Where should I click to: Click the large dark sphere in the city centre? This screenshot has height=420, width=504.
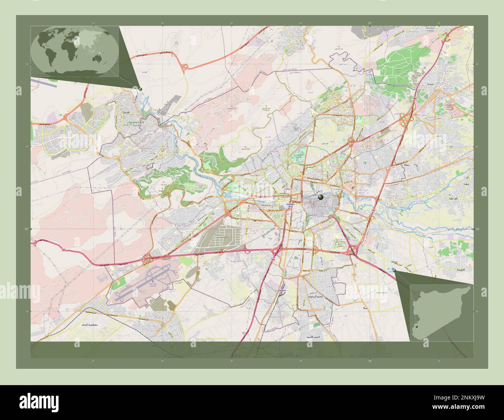[320, 198]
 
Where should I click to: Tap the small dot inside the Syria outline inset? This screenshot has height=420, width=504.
[417, 327]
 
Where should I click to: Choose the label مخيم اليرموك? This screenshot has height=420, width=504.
[314, 296]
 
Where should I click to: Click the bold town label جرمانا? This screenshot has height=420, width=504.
[392, 263]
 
